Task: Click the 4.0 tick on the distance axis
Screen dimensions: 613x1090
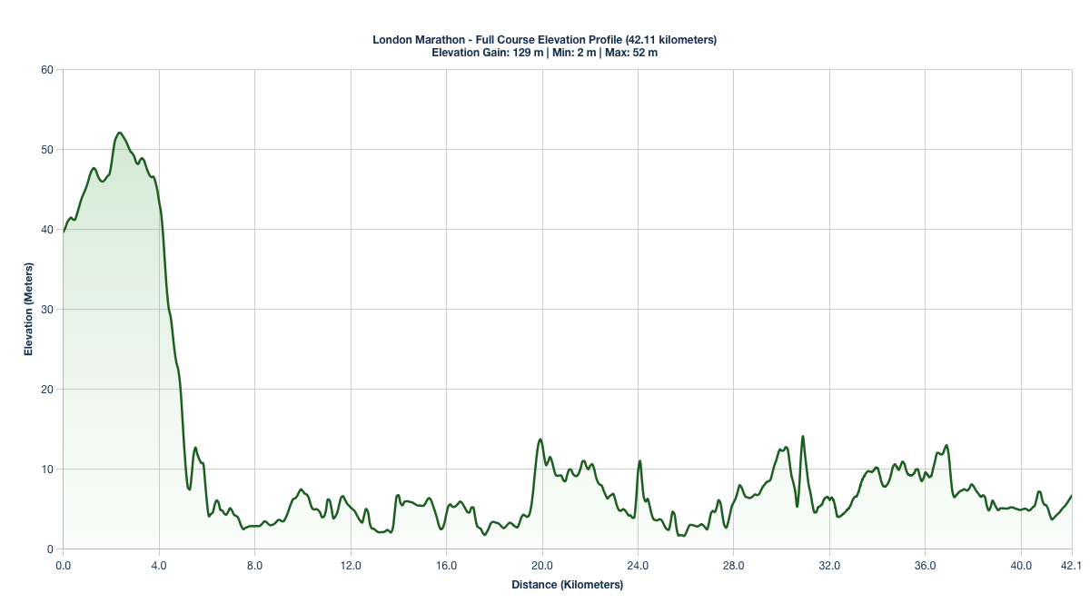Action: [159, 565]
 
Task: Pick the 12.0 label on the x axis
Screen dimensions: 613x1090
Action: [351, 565]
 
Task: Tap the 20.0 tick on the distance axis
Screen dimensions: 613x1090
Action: [542, 565]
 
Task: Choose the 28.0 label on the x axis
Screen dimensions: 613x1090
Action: [734, 565]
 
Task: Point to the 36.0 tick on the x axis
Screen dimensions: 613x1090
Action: [925, 565]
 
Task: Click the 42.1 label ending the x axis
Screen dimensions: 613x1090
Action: [1072, 565]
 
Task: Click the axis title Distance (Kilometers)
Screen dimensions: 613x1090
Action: [567, 586]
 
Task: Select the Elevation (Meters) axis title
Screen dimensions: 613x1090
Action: [28, 310]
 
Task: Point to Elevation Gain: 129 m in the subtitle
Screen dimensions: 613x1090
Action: [487, 53]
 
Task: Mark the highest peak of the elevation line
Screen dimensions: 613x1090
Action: [119, 133]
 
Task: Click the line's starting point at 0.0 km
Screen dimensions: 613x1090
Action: [64, 232]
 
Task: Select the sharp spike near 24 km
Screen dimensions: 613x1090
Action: [639, 461]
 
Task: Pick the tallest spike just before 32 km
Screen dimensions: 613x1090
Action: [802, 437]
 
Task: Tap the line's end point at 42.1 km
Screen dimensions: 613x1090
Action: [1072, 496]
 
